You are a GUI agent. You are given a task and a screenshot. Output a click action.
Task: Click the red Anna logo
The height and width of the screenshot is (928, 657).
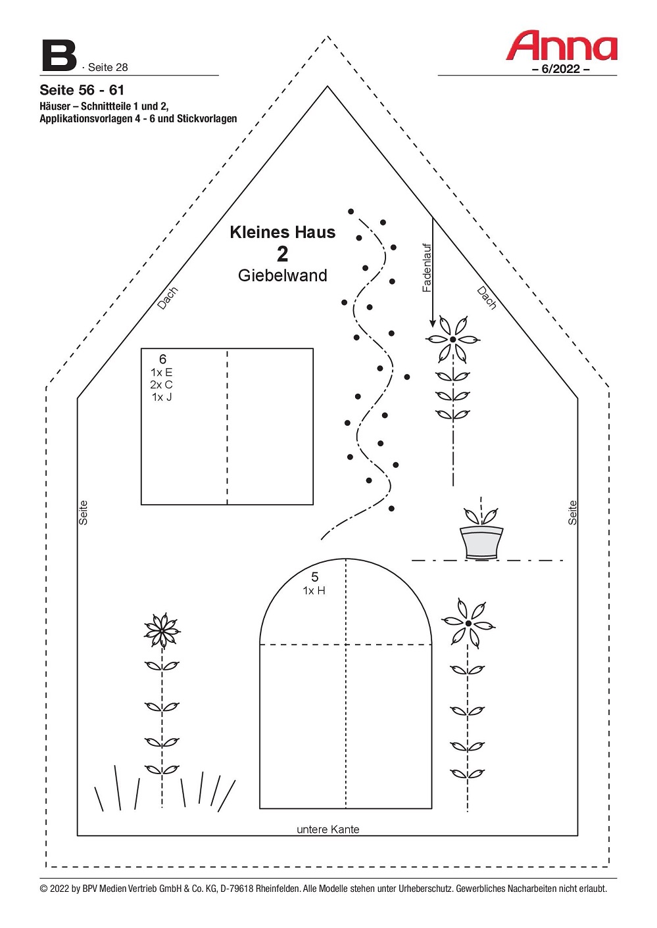pyautogui.click(x=562, y=45)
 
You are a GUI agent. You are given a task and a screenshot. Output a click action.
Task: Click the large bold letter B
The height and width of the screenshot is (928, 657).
pyautogui.click(x=59, y=56)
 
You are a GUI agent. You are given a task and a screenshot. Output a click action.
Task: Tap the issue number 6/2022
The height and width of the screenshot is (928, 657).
pyautogui.click(x=561, y=69)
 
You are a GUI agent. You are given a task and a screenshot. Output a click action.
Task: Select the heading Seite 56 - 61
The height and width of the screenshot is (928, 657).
pyautogui.click(x=82, y=90)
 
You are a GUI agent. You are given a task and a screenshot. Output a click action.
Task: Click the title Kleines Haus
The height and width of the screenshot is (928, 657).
pyautogui.click(x=283, y=232)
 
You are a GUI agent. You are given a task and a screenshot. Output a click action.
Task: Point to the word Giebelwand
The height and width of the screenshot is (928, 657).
pyautogui.click(x=283, y=275)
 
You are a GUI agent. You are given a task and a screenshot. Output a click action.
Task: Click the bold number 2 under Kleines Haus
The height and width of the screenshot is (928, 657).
pyautogui.click(x=283, y=254)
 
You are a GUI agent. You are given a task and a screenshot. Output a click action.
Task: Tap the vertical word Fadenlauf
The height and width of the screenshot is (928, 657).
pyautogui.click(x=427, y=268)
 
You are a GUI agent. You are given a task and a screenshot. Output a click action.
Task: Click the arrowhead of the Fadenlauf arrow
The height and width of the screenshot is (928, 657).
pyautogui.click(x=432, y=323)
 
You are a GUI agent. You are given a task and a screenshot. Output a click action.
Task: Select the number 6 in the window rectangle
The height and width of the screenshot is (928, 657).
pyautogui.click(x=162, y=359)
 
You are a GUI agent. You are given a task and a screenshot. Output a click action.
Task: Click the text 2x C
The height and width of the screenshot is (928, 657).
pyautogui.click(x=161, y=385)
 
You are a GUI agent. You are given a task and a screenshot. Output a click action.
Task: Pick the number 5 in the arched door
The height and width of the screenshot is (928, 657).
pyautogui.click(x=315, y=576)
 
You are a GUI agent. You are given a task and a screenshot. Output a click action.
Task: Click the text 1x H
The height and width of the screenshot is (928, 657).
pyautogui.click(x=314, y=591)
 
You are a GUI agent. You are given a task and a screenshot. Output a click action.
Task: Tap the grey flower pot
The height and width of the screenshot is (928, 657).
pyautogui.click(x=481, y=542)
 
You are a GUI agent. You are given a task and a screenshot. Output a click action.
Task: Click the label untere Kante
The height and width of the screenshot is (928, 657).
pyautogui.click(x=328, y=829)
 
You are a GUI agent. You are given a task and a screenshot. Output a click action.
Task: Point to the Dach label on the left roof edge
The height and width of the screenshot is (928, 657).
pyautogui.click(x=168, y=298)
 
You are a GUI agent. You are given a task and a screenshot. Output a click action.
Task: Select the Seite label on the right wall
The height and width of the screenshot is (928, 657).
pyautogui.click(x=572, y=513)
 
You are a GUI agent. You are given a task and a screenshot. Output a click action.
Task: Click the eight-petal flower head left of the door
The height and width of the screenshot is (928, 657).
pyautogui.click(x=162, y=631)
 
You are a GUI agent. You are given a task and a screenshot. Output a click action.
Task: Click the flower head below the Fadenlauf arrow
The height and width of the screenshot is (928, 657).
pyautogui.click(x=452, y=339)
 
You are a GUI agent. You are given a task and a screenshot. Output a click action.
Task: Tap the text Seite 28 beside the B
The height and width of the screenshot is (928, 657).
pyautogui.click(x=108, y=67)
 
